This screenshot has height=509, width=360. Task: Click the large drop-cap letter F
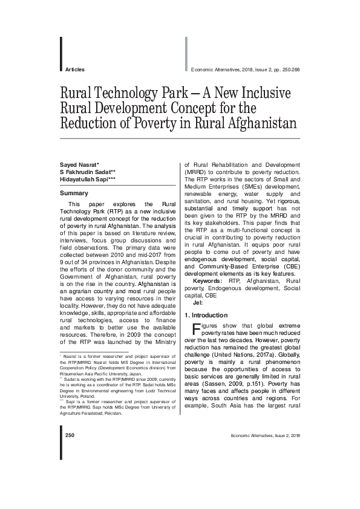click(x=195, y=329)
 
